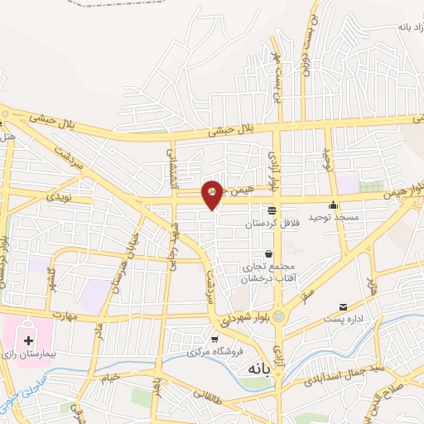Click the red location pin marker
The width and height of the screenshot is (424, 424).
212,195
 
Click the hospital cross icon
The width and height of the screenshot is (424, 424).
29,340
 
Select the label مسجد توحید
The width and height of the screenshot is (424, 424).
333,217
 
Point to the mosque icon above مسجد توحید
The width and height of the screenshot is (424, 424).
333,205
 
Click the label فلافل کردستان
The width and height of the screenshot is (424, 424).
271,223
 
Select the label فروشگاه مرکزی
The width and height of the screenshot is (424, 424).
214,351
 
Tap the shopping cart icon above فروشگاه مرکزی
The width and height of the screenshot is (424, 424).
214,340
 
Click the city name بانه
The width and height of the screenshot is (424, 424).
248,371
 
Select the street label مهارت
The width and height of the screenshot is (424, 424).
61,316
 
